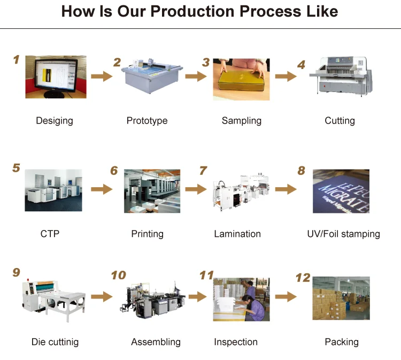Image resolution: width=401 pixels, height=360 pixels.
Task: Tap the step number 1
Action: pyautogui.click(x=16, y=59)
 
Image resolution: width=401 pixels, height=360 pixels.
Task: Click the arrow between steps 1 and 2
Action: pyautogui.click(x=101, y=76)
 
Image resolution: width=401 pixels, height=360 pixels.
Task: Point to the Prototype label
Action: pyautogui.click(x=147, y=120)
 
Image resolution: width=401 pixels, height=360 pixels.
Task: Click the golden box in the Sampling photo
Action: pyautogui.click(x=240, y=85)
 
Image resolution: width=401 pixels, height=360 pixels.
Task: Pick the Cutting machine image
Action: pyautogui.click(x=340, y=77)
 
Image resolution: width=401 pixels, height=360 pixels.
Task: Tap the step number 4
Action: pyautogui.click(x=301, y=65)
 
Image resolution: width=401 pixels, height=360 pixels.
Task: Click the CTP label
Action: pyautogui.click(x=50, y=234)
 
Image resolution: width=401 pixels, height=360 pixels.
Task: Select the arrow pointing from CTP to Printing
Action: pyautogui.click(x=101, y=189)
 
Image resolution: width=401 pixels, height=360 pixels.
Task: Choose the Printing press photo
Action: pyautogui.click(x=152, y=191)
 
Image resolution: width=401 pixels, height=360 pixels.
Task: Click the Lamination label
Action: pyautogui.click(x=237, y=234)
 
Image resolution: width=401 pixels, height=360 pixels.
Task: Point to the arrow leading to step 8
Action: pyautogui.click(x=286, y=189)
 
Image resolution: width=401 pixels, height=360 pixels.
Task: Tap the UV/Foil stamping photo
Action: pyautogui.click(x=341, y=191)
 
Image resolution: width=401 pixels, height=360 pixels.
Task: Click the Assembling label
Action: pyautogui.click(x=156, y=342)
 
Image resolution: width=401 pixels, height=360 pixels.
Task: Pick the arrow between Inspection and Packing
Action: pyautogui.click(x=286, y=296)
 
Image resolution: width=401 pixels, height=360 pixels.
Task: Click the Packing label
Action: pyautogui.click(x=342, y=342)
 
